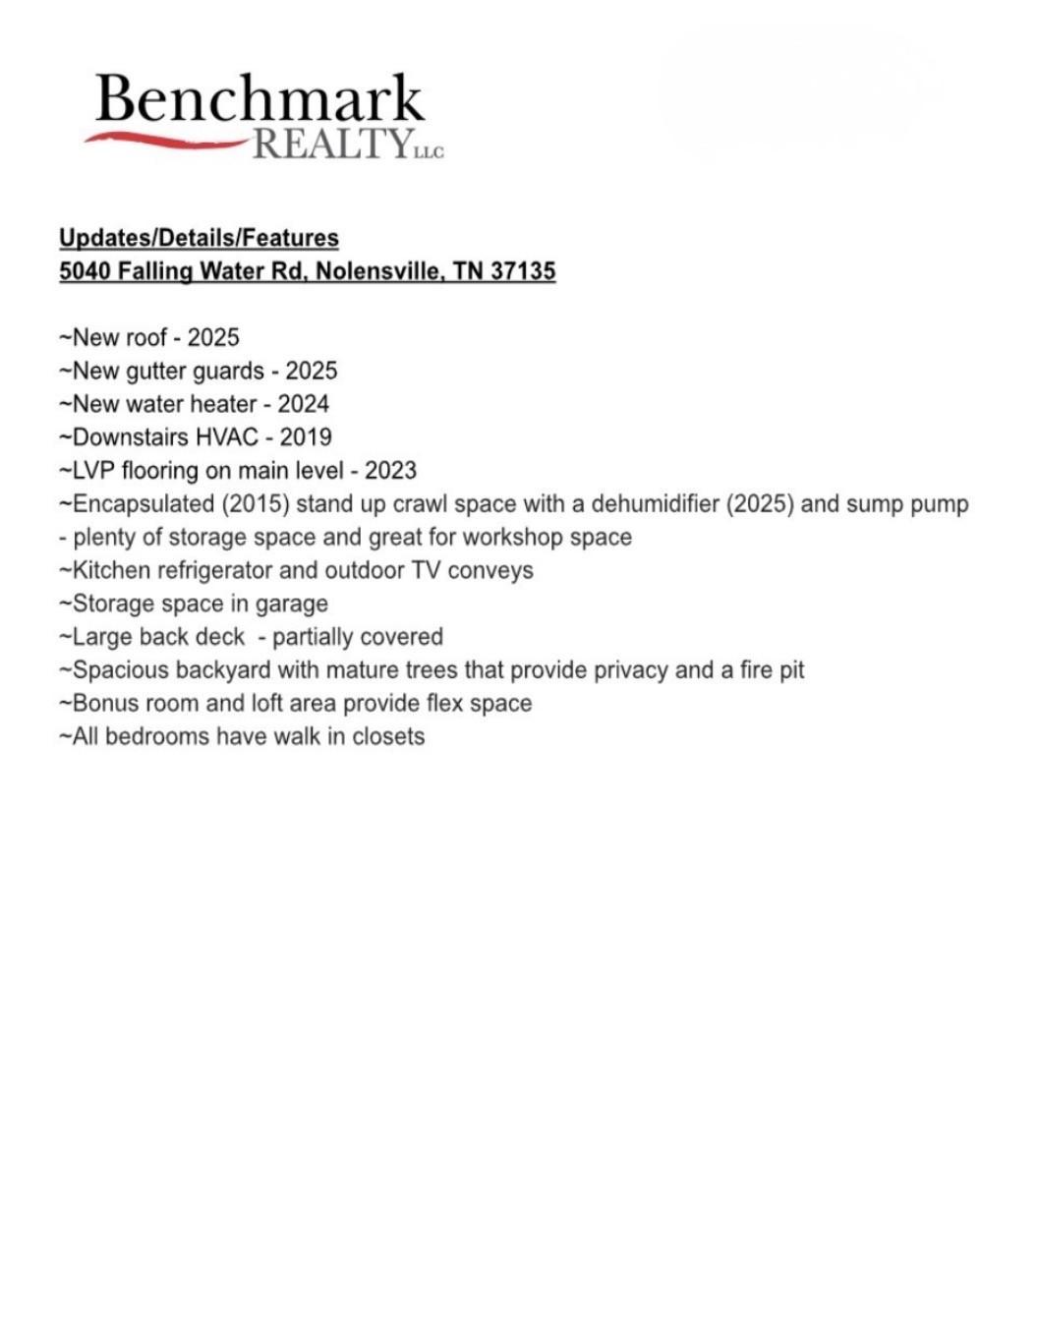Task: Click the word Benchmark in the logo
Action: [x=259, y=99]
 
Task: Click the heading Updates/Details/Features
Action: [x=199, y=238]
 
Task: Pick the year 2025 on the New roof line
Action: [x=213, y=338]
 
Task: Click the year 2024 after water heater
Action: [x=303, y=404]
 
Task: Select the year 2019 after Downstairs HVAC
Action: [x=306, y=437]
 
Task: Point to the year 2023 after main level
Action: [x=390, y=471]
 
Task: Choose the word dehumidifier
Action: [x=655, y=504]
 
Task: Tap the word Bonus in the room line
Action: [x=105, y=704]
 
